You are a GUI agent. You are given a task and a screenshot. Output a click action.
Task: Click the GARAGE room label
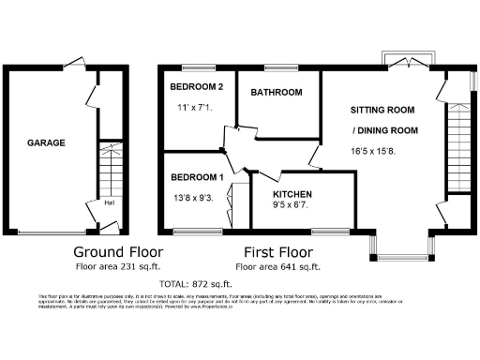[45, 143]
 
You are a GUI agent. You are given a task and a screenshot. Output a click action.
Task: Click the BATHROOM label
[276, 92]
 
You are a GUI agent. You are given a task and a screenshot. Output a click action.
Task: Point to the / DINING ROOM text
[384, 130]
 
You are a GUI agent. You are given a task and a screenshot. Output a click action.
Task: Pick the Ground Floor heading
[118, 252]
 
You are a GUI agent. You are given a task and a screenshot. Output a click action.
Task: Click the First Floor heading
[277, 252]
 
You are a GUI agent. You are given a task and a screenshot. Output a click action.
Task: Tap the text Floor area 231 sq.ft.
[118, 266]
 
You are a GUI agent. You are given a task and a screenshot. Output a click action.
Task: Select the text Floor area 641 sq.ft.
[278, 266]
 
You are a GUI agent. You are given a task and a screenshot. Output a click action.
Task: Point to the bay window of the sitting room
[405, 245]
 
